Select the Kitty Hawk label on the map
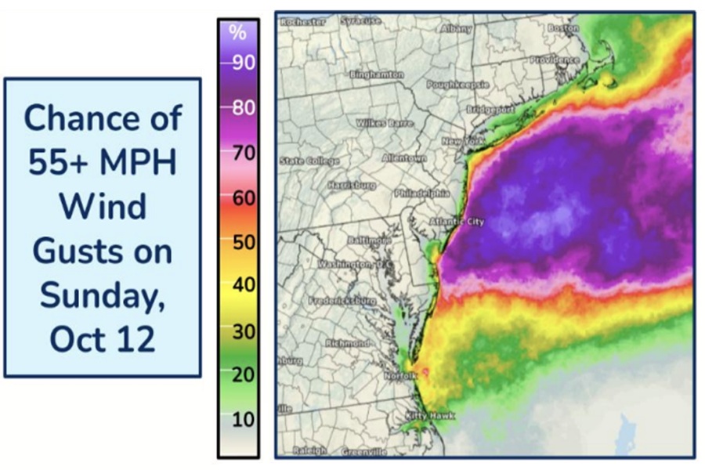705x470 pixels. click(431, 416)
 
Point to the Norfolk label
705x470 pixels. click(401, 376)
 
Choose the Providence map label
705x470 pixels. click(554, 60)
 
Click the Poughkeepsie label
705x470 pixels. click(455, 83)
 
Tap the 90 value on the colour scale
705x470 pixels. click(243, 63)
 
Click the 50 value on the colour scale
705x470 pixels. click(243, 242)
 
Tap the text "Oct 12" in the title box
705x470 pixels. click(102, 338)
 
